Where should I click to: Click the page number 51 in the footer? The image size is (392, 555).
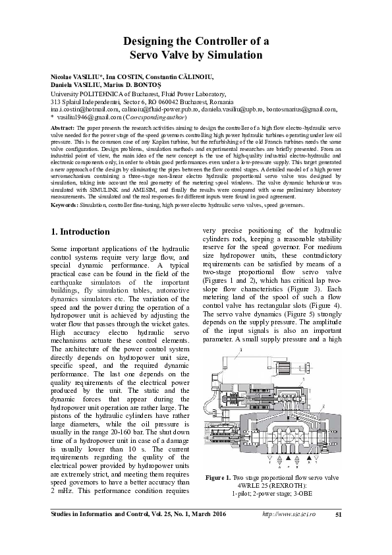tap(337, 533)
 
